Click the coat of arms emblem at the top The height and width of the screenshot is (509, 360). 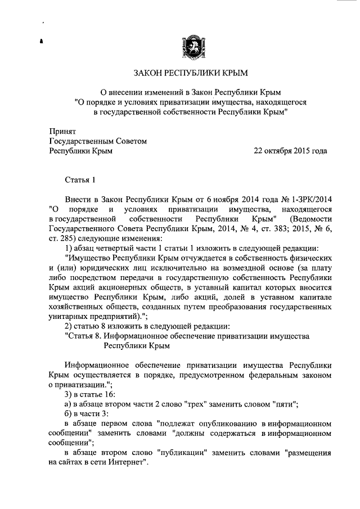190,45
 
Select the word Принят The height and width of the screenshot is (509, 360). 62,130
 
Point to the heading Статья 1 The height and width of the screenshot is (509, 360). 81,179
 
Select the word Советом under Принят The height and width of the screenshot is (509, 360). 129,141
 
